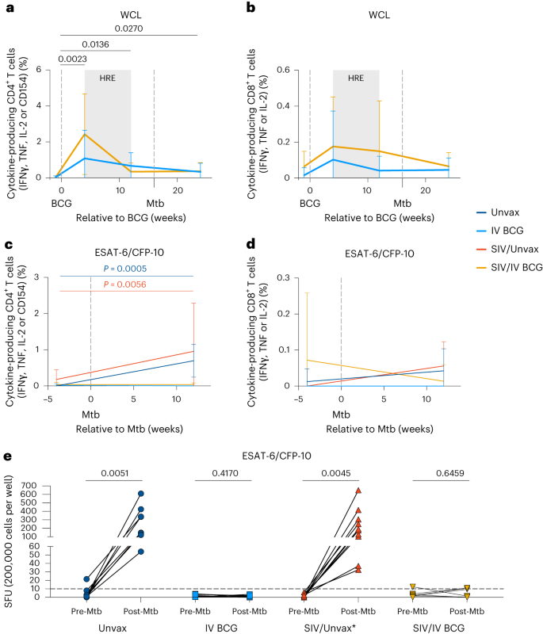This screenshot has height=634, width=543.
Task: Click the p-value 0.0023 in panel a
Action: tap(73, 58)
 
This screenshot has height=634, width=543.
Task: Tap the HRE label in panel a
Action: tap(108, 79)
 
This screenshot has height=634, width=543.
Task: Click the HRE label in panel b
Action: tap(356, 79)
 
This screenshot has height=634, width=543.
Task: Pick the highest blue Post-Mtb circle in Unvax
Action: tap(140, 494)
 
